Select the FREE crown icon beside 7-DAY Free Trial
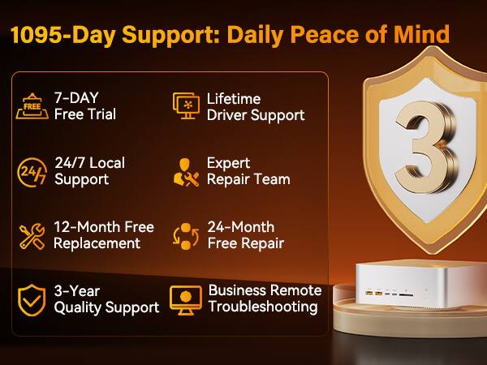click(31, 106)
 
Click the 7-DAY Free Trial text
click(85, 106)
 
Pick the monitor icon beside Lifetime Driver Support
click(186, 106)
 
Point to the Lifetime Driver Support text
click(256, 106)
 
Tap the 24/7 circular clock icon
click(32, 171)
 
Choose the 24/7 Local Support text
click(89, 171)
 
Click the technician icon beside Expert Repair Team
click(186, 171)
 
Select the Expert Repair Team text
click(248, 171)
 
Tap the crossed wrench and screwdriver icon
click(32, 236)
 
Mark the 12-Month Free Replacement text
click(103, 235)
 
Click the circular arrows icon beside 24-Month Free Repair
click(186, 236)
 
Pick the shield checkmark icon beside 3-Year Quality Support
click(32, 300)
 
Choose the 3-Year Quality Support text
click(106, 299)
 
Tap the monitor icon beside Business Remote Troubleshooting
click(186, 299)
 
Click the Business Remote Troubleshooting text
click(265, 298)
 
